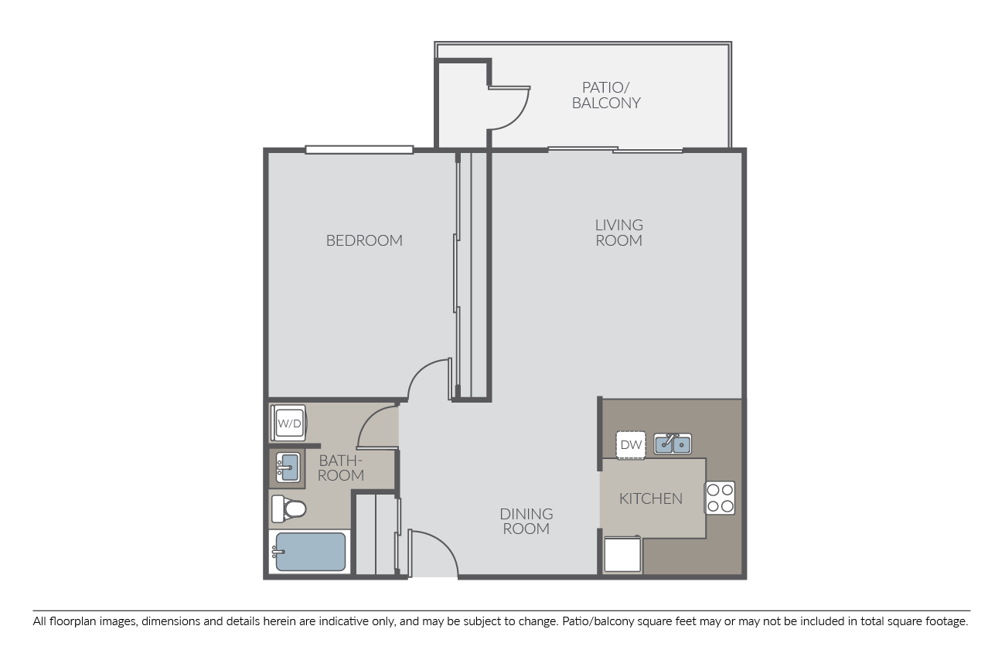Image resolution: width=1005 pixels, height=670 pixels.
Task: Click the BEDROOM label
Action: tap(364, 241)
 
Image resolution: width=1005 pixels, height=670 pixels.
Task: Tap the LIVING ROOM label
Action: tap(618, 233)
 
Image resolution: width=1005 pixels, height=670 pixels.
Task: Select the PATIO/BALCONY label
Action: tap(606, 96)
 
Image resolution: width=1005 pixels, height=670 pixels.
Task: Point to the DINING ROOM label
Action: tap(526, 521)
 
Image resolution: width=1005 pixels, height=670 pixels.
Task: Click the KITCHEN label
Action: tap(651, 498)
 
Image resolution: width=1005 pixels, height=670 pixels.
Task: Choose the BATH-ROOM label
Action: tap(340, 468)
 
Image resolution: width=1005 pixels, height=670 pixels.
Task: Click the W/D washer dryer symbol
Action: tap(289, 423)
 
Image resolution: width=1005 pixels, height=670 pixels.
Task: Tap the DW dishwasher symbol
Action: tap(631, 445)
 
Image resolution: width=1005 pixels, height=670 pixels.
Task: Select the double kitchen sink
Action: tap(673, 444)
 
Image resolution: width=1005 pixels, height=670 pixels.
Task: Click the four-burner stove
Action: tap(720, 498)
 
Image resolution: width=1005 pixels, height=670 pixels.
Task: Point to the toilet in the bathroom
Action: tap(288, 509)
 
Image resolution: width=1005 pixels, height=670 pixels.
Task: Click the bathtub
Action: tap(309, 552)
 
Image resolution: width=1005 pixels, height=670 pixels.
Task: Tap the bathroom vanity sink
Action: tap(288, 468)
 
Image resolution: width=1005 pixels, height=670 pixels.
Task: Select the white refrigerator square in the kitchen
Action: tap(622, 554)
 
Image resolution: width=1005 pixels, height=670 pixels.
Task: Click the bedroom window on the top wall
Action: tap(359, 150)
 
